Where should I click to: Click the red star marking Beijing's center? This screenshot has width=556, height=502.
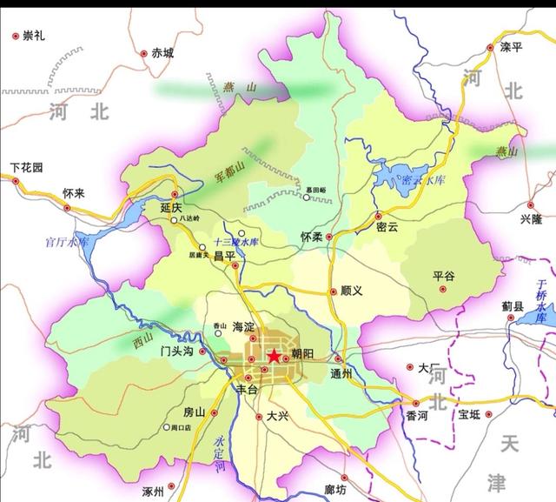(274, 356)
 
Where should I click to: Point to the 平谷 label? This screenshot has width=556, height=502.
(444, 276)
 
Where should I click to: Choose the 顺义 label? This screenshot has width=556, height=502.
(351, 291)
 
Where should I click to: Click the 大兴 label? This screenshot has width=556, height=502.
(279, 416)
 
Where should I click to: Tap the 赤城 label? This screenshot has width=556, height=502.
(162, 52)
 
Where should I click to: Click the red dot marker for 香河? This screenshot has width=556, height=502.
(416, 403)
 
